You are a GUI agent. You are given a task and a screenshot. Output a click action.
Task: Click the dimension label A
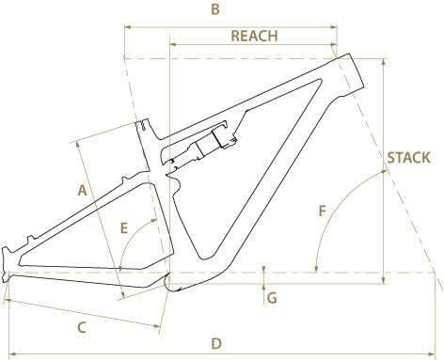click(82, 190)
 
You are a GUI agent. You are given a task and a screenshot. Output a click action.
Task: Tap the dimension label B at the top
click(215, 9)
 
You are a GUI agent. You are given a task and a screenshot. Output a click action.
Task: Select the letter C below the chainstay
click(82, 328)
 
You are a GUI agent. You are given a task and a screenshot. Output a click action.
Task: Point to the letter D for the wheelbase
click(216, 344)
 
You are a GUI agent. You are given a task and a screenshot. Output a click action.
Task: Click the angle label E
click(124, 227)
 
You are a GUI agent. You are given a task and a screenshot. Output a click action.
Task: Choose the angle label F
click(323, 211)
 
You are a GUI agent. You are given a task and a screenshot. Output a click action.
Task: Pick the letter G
click(272, 298)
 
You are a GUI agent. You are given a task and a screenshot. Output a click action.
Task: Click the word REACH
click(254, 36)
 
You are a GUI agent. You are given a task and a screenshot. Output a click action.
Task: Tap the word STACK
click(408, 158)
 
